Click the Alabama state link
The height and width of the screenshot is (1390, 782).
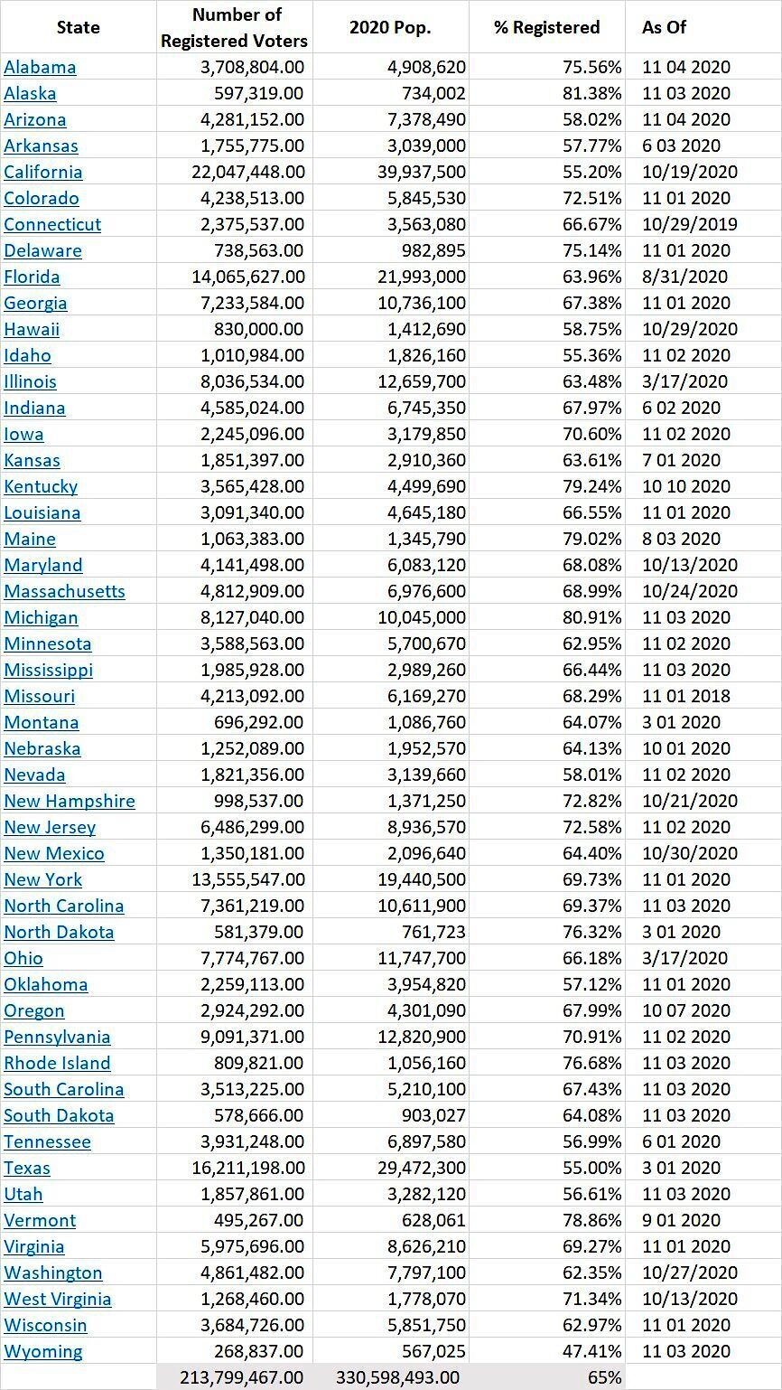(x=40, y=67)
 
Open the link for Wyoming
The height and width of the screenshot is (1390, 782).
(x=42, y=1351)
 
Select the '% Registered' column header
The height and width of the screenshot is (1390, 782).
(x=546, y=27)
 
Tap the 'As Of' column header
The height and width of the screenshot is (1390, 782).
(x=665, y=27)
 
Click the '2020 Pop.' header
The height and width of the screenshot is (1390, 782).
(x=389, y=27)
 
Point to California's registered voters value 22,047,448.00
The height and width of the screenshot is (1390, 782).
(x=248, y=172)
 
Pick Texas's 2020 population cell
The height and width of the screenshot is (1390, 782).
(x=421, y=1168)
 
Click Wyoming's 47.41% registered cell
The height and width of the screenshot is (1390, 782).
(x=591, y=1351)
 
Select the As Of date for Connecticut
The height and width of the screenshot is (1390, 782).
(x=690, y=224)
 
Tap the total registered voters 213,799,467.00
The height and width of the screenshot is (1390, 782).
(x=241, y=1377)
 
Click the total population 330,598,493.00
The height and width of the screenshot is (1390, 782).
(x=397, y=1377)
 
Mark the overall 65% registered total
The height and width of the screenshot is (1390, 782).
(x=604, y=1377)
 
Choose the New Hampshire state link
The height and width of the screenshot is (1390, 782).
(x=70, y=801)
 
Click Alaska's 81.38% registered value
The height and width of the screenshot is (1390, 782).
(x=591, y=93)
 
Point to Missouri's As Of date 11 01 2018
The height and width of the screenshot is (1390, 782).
(x=686, y=696)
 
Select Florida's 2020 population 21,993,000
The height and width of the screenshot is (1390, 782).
(x=421, y=277)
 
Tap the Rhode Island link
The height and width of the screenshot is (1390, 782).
(x=57, y=1062)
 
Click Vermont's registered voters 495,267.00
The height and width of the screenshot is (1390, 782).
(x=258, y=1220)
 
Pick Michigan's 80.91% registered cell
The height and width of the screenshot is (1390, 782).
(x=591, y=617)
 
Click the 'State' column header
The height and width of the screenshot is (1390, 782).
(x=79, y=27)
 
